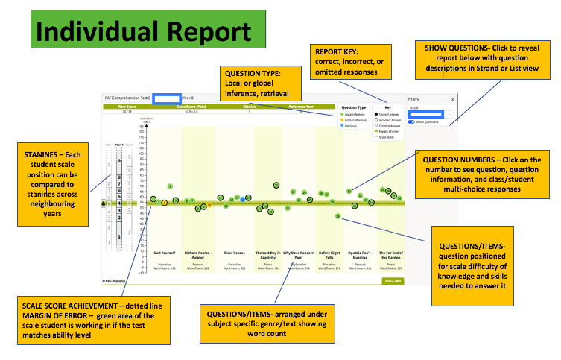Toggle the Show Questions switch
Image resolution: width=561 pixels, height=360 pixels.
click(x=411, y=121)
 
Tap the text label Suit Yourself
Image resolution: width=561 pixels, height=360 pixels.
click(x=165, y=253)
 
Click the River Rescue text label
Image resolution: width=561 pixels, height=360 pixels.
click(x=235, y=253)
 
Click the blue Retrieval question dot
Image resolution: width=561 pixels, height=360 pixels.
click(x=242, y=199)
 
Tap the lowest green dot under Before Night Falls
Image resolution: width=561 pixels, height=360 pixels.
click(x=338, y=216)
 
